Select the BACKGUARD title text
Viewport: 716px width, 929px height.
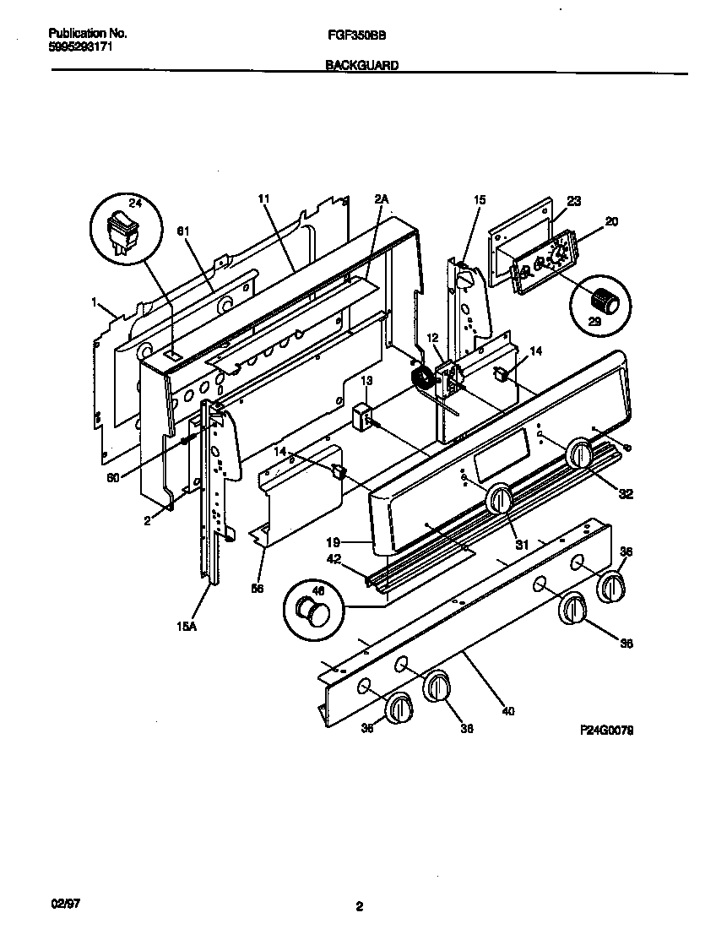(x=362, y=64)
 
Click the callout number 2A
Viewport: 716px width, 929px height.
(x=381, y=199)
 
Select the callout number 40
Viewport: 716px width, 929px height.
(x=507, y=710)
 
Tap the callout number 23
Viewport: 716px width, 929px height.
(x=574, y=201)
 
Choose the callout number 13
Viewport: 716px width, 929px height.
(x=366, y=382)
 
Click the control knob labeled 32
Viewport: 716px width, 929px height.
(x=579, y=453)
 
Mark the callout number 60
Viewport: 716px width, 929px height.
(x=112, y=476)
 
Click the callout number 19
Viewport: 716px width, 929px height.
(x=334, y=543)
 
